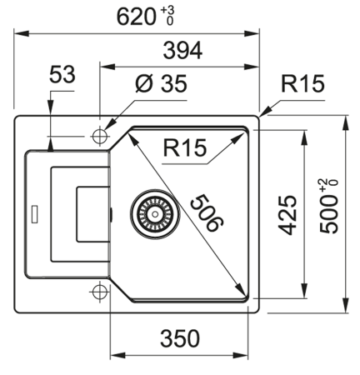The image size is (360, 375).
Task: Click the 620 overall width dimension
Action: (x=136, y=17)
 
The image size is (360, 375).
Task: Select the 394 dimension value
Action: (x=182, y=51)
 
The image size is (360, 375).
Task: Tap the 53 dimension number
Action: (x=62, y=74)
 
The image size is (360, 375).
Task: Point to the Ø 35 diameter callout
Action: (x=161, y=83)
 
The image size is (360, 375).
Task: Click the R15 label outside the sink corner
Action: (x=302, y=83)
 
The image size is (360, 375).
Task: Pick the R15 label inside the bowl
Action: (x=185, y=147)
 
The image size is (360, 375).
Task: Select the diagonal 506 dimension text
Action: (x=207, y=213)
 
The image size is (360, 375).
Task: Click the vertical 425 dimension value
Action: (x=287, y=215)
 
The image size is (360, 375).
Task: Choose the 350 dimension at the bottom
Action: (x=180, y=338)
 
